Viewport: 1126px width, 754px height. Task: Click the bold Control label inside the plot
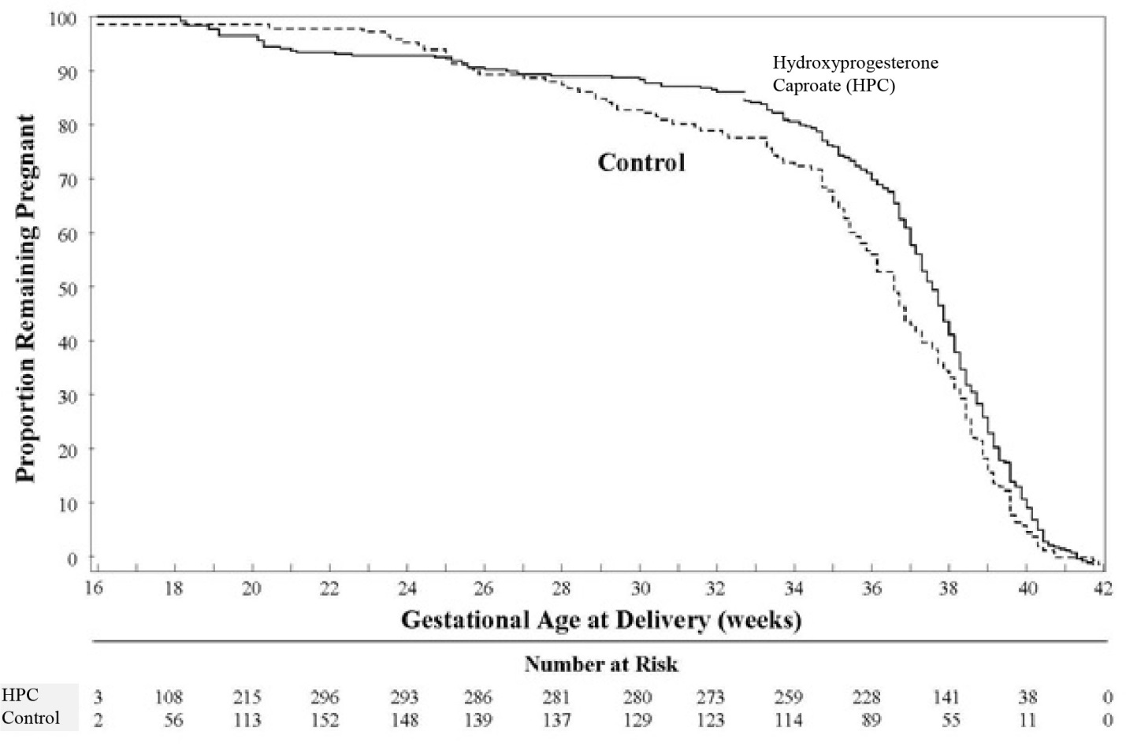[641, 162]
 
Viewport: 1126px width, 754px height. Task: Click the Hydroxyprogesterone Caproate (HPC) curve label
[854, 74]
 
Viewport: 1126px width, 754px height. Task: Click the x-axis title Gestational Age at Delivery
[601, 620]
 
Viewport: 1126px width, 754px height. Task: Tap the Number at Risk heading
[601, 664]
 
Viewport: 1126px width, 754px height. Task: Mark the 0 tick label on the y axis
[72, 558]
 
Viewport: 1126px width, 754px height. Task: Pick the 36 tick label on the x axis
[871, 589]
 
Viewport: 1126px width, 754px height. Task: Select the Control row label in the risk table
[31, 718]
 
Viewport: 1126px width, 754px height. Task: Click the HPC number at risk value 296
[324, 697]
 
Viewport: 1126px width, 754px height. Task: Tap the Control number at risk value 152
[324, 720]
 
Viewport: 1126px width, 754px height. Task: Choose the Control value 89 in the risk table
[871, 720]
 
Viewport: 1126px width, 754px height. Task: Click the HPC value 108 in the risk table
[169, 697]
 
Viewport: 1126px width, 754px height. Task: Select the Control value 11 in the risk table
[1028, 720]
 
